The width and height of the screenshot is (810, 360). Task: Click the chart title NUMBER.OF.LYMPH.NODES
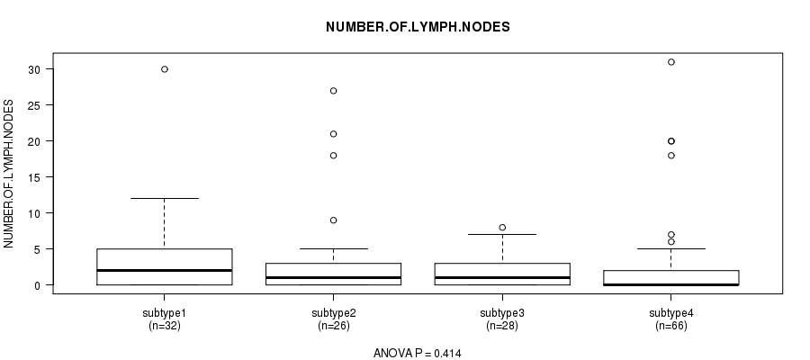(418, 27)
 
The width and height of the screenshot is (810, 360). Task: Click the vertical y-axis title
(9, 174)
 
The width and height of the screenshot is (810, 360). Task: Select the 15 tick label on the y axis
(33, 177)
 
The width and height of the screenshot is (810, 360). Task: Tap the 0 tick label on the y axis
(37, 285)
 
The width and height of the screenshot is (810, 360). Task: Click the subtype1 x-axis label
(165, 313)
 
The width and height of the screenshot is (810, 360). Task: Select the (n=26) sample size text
(333, 326)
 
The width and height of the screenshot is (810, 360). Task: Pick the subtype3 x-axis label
(502, 313)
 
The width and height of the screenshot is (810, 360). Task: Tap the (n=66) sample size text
(671, 326)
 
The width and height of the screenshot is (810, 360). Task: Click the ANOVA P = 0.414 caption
(418, 354)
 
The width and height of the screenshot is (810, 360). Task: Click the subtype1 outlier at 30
(165, 69)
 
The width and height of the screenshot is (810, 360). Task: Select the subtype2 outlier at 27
(333, 91)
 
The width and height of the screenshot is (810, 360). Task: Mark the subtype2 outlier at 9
(333, 220)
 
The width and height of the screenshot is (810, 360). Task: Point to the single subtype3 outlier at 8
(502, 228)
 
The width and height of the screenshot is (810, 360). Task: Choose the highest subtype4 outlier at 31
(671, 62)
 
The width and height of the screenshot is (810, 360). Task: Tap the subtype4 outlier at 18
(671, 156)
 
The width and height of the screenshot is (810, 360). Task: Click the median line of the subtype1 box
(165, 270)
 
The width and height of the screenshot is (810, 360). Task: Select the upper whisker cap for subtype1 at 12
(165, 198)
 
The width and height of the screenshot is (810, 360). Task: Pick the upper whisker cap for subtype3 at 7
(502, 235)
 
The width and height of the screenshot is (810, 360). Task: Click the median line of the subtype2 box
(333, 277)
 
